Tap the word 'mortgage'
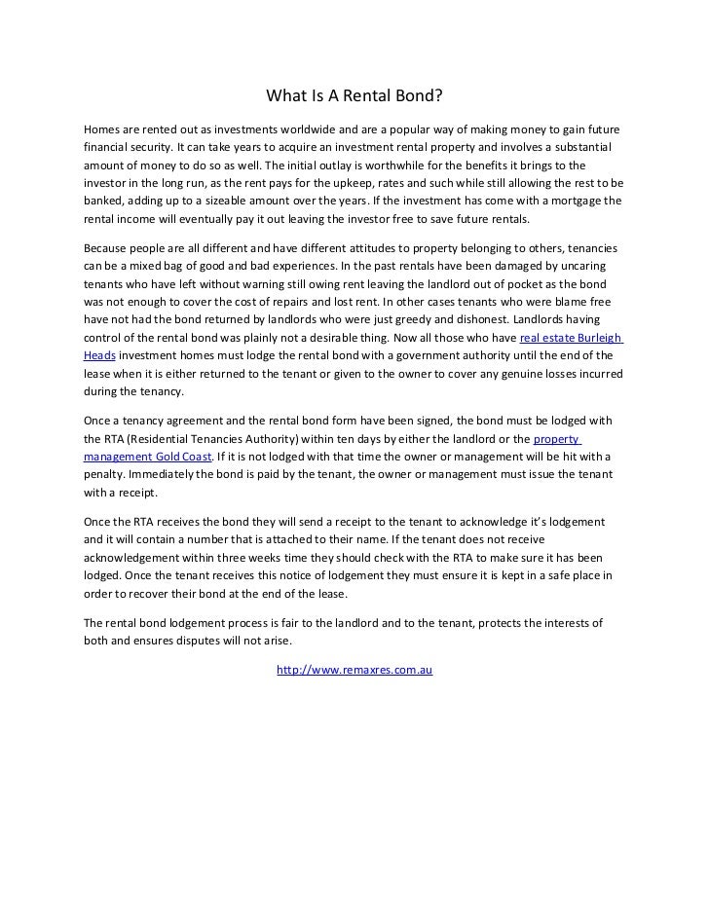575,200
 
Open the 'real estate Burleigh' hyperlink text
571,338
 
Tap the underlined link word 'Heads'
100,355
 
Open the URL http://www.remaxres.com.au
354,671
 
